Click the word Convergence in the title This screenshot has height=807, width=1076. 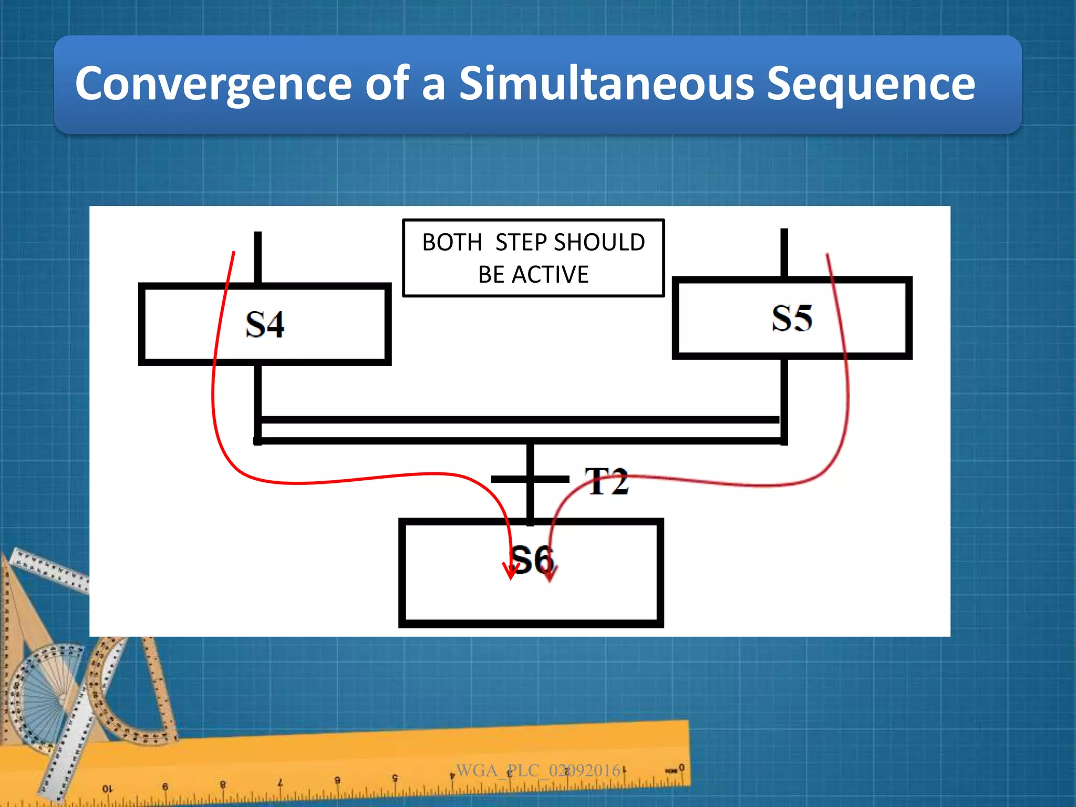[213, 84]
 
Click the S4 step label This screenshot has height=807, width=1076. [265, 325]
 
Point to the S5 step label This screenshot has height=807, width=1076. [792, 318]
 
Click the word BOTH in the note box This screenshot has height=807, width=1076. [452, 243]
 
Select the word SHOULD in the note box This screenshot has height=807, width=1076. [599, 243]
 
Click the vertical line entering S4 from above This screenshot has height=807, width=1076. [257, 257]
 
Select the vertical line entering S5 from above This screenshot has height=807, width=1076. [784, 252]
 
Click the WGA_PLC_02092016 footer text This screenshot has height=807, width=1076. [538, 770]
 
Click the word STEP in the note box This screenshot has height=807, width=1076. [522, 243]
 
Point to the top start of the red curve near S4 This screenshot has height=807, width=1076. [234, 253]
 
